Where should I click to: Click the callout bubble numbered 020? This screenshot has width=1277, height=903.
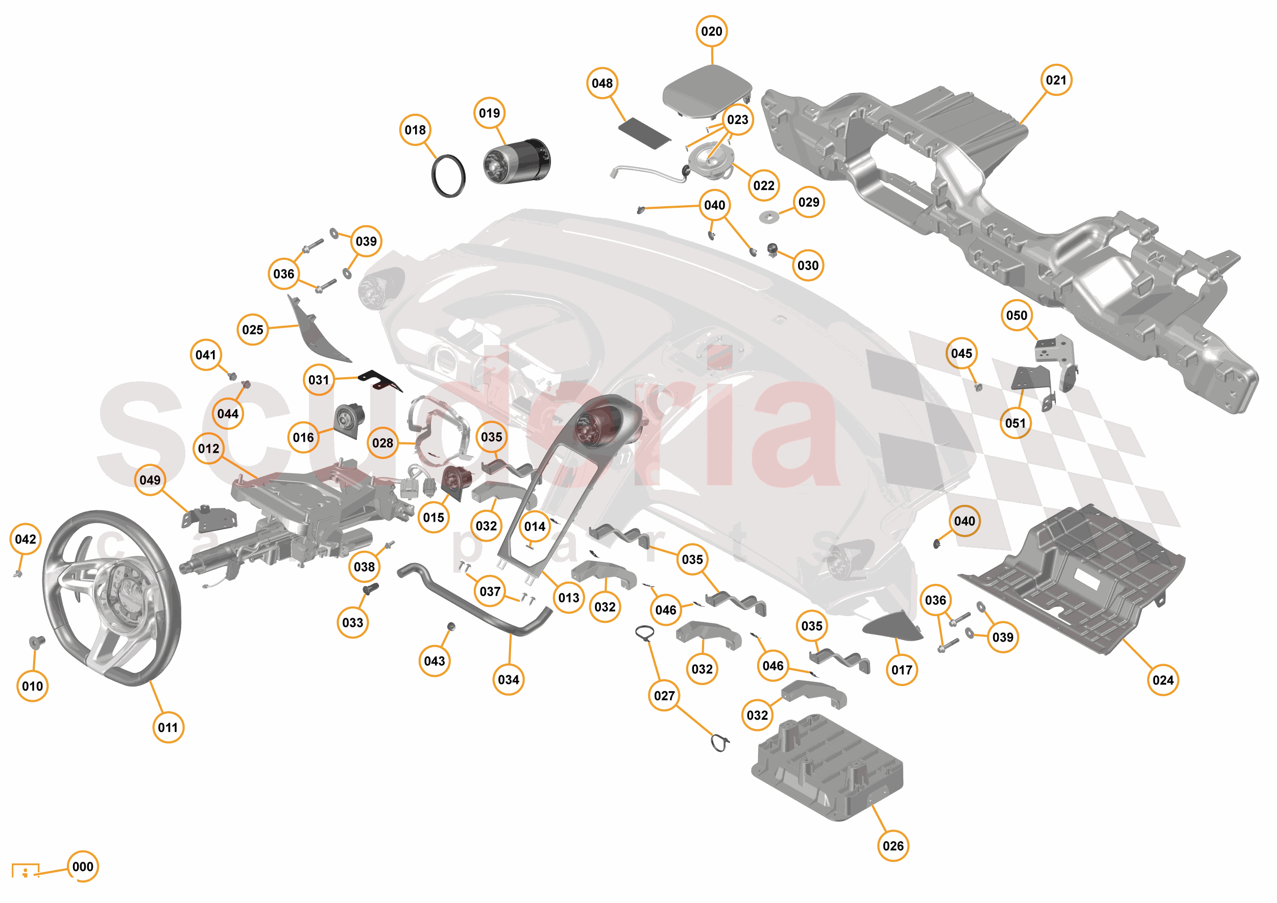[711, 32]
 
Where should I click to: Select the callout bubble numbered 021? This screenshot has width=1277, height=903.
[1055, 80]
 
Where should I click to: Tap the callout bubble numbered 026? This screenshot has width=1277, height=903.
[893, 846]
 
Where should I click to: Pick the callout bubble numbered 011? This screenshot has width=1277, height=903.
[168, 727]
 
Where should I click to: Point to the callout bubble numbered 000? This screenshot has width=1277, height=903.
[83, 866]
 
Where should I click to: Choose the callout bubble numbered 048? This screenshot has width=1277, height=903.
[602, 83]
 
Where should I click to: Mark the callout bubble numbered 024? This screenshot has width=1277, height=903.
[1163, 680]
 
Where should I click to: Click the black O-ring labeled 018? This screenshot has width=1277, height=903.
[448, 176]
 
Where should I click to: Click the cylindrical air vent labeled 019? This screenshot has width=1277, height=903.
[517, 161]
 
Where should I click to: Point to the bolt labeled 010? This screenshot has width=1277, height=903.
[37, 643]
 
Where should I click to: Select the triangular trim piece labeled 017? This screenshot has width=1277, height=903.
[892, 627]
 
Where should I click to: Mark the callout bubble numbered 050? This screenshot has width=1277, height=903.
[1016, 315]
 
